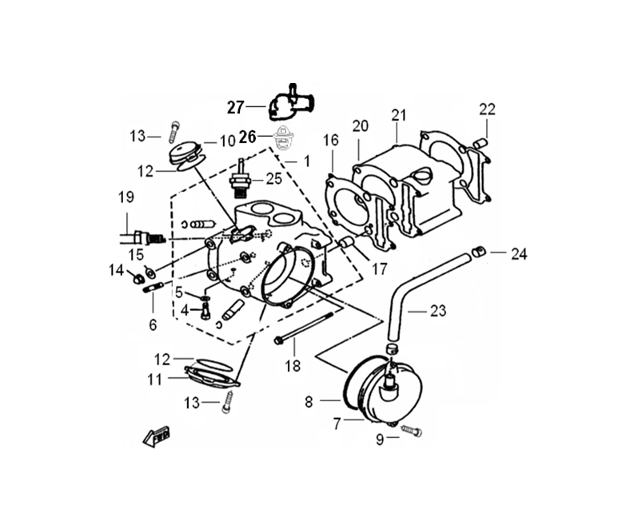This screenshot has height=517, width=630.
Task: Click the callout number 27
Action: [x=234, y=107]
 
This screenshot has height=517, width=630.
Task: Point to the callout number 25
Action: [x=273, y=178]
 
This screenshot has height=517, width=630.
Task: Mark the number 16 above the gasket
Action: [x=331, y=141]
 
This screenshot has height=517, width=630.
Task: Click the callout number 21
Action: [x=398, y=115]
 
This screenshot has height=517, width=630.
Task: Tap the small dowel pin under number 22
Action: [x=481, y=141]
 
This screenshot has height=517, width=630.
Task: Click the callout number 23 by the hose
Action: [x=438, y=310]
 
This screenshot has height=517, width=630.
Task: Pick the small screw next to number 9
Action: [x=414, y=431]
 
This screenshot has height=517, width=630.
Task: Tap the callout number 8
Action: [x=309, y=403]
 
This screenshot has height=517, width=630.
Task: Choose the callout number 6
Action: [x=153, y=324]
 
